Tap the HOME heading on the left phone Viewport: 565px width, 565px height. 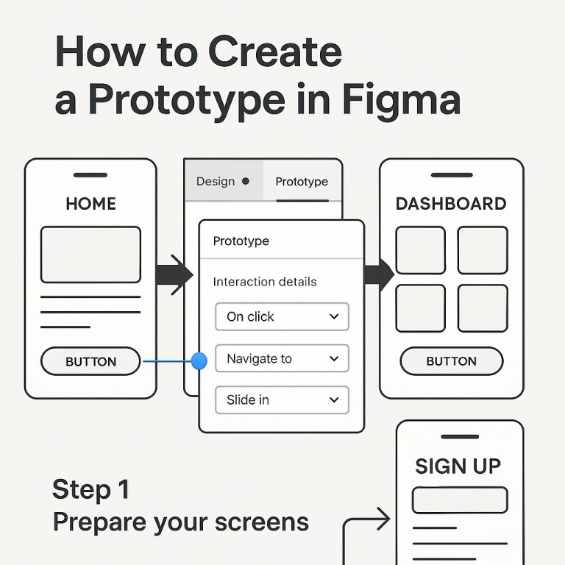[90, 204]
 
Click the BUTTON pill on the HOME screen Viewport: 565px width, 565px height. [90, 361]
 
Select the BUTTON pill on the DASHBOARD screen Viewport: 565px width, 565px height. [451, 361]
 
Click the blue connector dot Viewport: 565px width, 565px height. [199, 360]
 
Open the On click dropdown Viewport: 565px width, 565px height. [282, 316]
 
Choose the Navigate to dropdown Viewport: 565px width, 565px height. [282, 358]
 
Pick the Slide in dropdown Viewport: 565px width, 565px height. [282, 399]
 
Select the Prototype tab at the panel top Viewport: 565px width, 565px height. [302, 182]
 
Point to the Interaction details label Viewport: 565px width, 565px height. [264, 282]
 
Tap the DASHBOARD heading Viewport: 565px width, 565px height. [450, 204]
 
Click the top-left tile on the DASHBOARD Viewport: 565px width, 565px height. [420, 250]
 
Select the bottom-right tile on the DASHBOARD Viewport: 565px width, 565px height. [482, 308]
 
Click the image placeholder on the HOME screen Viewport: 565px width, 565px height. [90, 255]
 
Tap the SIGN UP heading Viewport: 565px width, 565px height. [458, 466]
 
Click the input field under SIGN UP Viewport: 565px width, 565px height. [459, 500]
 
